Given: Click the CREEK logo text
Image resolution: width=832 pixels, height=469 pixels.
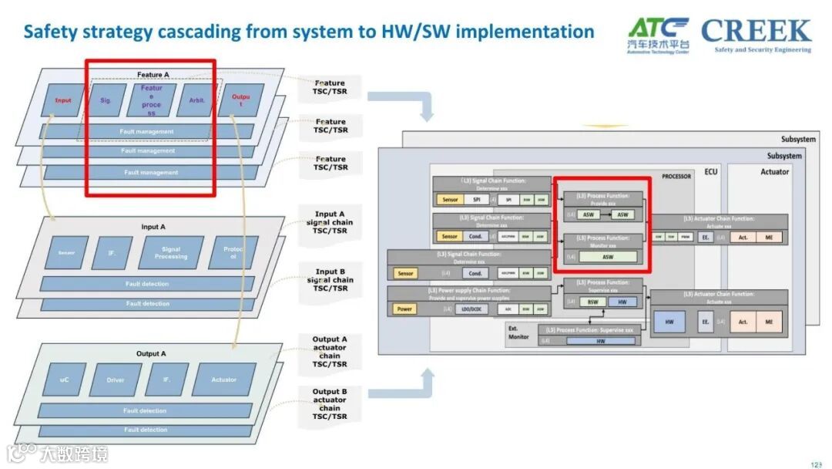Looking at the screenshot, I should pyautogui.click(x=756, y=31).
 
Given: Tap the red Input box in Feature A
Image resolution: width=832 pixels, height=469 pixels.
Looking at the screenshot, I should pyautogui.click(x=63, y=100).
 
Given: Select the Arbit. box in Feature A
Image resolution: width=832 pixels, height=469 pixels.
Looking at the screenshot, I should pyautogui.click(x=196, y=100).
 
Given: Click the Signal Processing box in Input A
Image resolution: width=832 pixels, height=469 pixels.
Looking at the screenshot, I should pyautogui.click(x=171, y=252).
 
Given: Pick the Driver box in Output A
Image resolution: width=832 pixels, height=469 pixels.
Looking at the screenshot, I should pyautogui.click(x=116, y=380).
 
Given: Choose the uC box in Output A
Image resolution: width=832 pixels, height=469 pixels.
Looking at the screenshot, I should pyautogui.click(x=64, y=380).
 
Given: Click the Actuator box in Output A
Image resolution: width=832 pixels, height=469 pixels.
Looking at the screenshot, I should pyautogui.click(x=223, y=380).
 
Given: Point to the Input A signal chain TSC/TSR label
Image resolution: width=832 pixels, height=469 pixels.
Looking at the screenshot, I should pyautogui.click(x=330, y=222).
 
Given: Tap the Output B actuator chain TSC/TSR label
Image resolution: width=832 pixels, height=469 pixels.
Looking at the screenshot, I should pyautogui.click(x=330, y=404).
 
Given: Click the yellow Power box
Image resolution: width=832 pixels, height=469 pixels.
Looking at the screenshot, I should pyautogui.click(x=405, y=309).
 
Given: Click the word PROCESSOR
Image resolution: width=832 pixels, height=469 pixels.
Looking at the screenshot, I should pyautogui.click(x=676, y=177).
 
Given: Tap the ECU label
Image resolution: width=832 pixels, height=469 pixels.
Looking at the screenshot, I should pyautogui.click(x=710, y=171).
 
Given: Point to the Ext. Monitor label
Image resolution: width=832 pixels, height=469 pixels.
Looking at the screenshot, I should pyautogui.click(x=518, y=332).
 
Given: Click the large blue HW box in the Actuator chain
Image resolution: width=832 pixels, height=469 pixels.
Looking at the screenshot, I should pyautogui.click(x=669, y=322).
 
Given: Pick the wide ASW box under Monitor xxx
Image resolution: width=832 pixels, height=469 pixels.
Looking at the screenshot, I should pyautogui.click(x=608, y=257).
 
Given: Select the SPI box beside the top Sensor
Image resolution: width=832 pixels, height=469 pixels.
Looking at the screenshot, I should pyautogui.click(x=477, y=200).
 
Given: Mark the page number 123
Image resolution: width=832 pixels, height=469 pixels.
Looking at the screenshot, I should pyautogui.click(x=816, y=464).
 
